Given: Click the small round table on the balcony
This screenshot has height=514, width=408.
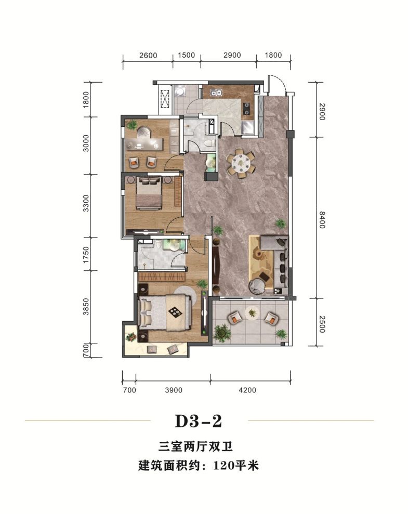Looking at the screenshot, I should pyautogui.click(x=253, y=312).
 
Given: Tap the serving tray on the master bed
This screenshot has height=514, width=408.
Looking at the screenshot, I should pyautogui.click(x=175, y=312).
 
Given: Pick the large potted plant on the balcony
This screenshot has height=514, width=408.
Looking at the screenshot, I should pyautogui.click(x=222, y=332).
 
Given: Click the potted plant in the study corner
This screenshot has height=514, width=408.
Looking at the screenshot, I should pyautogui.click(x=132, y=124).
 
